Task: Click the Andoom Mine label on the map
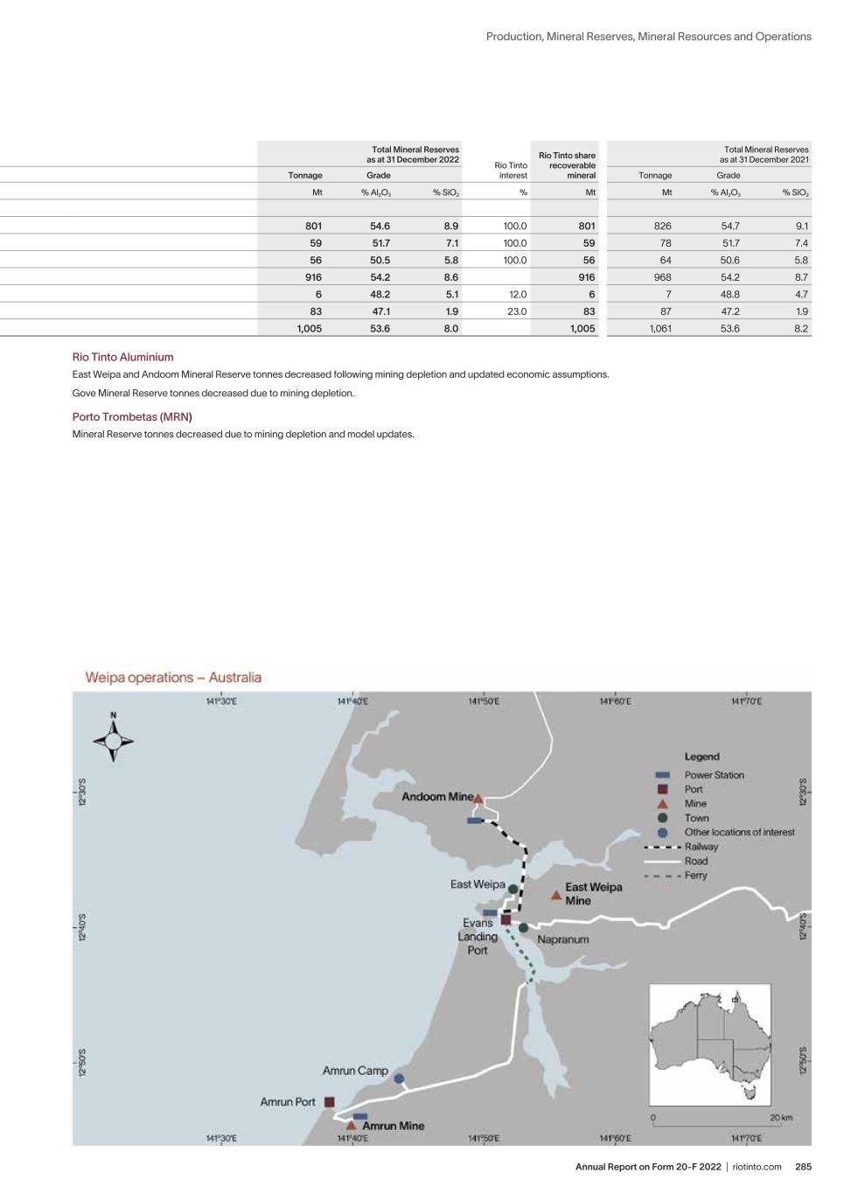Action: click(x=436, y=797)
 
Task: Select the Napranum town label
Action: click(x=562, y=939)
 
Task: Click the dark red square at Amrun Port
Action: click(x=330, y=1102)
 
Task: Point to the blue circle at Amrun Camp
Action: click(x=399, y=1079)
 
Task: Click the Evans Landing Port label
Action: click(x=478, y=936)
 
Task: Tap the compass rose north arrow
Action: click(x=113, y=740)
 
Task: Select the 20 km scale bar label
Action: click(x=780, y=1117)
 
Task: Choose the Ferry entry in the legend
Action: click(x=695, y=876)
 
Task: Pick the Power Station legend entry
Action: click(x=714, y=775)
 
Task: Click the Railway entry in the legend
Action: click(x=701, y=847)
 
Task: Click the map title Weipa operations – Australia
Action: click(x=173, y=677)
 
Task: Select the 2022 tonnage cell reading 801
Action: click(x=313, y=226)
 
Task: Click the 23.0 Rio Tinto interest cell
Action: click(x=517, y=311)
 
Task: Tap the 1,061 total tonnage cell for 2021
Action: click(x=660, y=329)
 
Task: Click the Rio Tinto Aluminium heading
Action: click(x=122, y=357)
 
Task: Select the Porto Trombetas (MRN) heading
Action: click(x=131, y=416)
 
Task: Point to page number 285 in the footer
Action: click(x=803, y=1167)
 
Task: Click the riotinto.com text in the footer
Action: click(x=757, y=1167)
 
